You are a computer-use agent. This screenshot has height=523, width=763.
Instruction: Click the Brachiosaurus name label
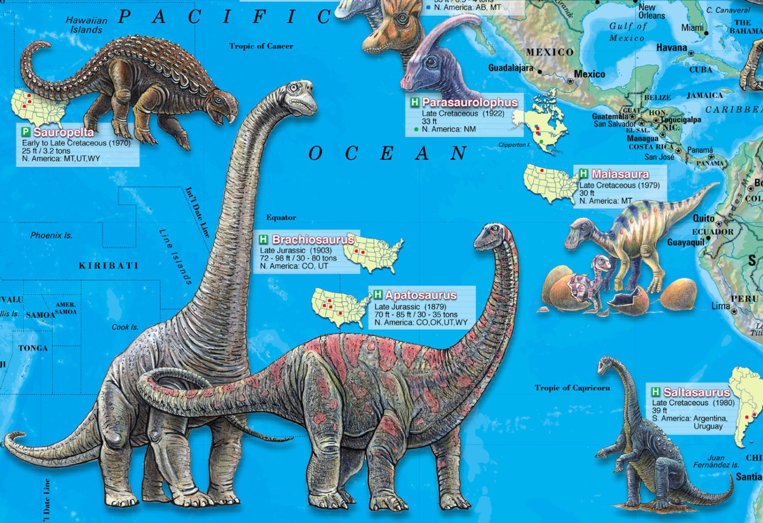[313, 239]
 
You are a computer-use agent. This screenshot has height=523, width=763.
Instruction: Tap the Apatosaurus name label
[420, 295]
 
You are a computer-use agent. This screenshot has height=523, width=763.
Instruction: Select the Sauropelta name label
[63, 132]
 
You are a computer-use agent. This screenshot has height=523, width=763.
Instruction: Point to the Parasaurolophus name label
[469, 102]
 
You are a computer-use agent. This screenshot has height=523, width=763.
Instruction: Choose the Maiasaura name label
[620, 174]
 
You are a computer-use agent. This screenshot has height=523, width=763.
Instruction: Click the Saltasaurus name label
[696, 392]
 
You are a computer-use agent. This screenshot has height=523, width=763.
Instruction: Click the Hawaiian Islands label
[86, 25]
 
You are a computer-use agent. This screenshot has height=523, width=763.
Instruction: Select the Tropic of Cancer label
[261, 46]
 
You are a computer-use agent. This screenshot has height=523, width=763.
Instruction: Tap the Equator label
[281, 218]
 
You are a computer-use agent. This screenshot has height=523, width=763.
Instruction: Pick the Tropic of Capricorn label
[572, 388]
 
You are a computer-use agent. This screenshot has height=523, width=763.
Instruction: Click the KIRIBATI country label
[109, 266]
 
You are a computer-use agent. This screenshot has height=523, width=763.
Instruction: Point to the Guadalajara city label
[510, 68]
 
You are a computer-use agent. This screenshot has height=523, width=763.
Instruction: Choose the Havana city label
[671, 48]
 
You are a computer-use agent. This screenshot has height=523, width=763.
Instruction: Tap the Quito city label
[703, 219]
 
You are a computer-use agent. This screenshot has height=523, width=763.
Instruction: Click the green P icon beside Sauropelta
[25, 132]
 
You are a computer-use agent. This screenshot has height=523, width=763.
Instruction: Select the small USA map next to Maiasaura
[550, 182]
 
